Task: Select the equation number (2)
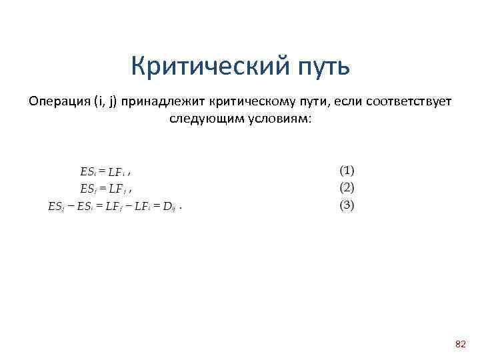347,187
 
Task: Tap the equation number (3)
347,205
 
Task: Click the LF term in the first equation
117,172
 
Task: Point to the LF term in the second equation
117,189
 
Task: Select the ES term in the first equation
86,172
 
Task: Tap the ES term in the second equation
86,189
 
